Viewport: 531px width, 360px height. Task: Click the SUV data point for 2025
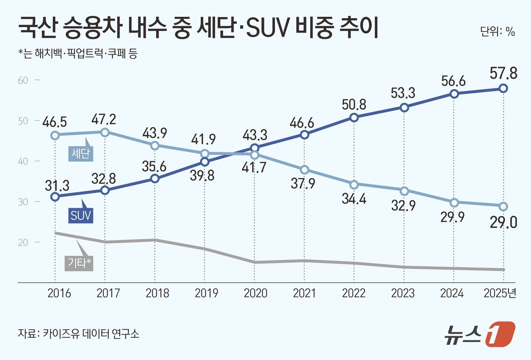tap(503, 88)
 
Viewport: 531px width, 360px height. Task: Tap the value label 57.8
tap(503, 73)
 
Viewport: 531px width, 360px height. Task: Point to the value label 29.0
tap(503, 223)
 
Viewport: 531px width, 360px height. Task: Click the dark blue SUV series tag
tap(81, 216)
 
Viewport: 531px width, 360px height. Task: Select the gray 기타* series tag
tap(79, 263)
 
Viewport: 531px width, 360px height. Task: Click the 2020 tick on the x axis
tap(255, 293)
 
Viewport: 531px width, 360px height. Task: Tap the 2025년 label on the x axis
tap(500, 293)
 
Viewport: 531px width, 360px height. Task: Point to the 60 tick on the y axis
tap(23, 80)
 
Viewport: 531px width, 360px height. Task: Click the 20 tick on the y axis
tap(23, 242)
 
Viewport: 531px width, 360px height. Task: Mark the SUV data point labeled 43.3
tap(255, 148)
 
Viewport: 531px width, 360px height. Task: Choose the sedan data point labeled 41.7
tap(255, 155)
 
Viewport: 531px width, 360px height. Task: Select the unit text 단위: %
tap(497, 31)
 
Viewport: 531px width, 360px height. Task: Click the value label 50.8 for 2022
tap(353, 104)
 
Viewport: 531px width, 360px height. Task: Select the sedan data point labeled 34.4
tap(354, 185)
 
